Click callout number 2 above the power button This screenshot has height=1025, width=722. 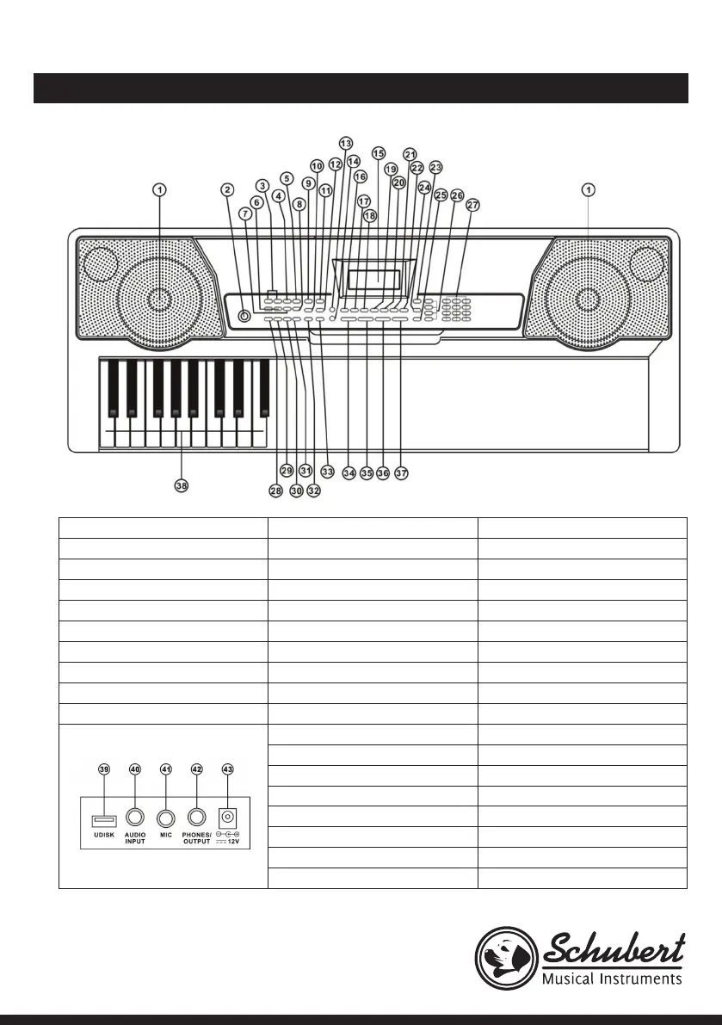click(227, 189)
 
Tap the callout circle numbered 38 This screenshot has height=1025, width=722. click(181, 485)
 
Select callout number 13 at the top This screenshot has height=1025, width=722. click(346, 143)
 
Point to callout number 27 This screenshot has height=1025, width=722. click(472, 206)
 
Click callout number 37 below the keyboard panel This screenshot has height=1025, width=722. click(401, 473)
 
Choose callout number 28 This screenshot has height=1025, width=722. click(275, 491)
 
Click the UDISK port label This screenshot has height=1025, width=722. click(103, 836)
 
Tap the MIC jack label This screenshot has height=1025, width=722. click(167, 836)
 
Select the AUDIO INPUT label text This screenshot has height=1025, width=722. click(134, 839)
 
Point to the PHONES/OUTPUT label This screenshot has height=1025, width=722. click(197, 839)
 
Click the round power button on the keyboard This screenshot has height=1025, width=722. click(244, 317)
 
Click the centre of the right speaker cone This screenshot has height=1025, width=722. click(587, 299)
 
